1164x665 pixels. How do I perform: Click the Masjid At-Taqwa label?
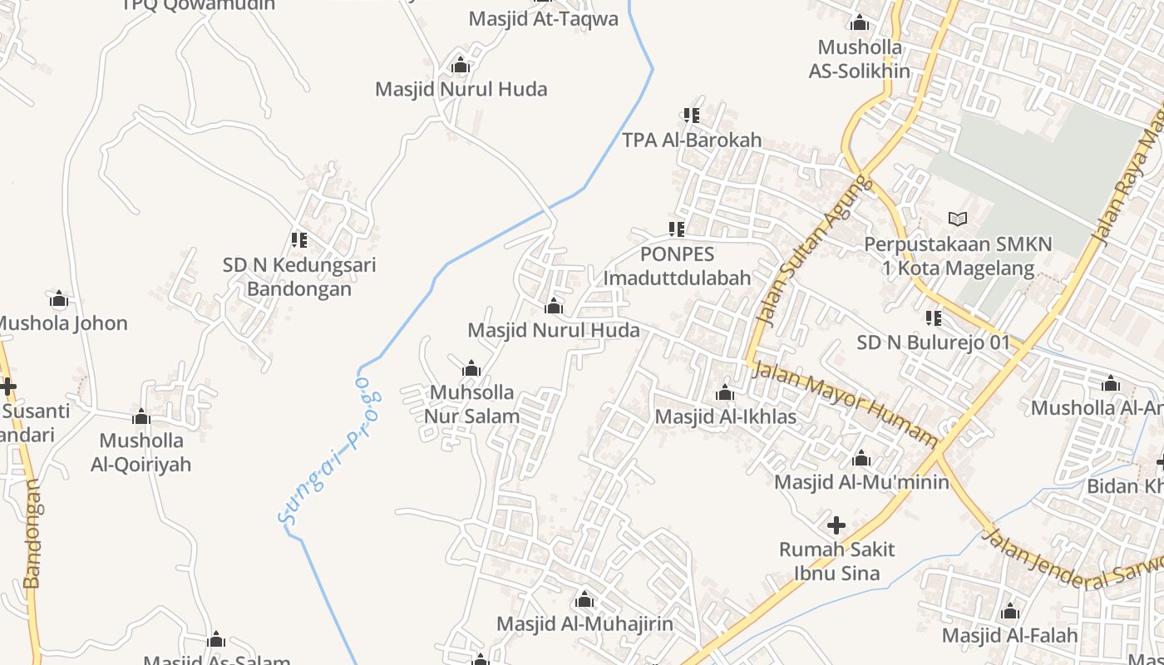pyautogui.click(x=543, y=18)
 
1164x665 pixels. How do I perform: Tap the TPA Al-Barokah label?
pyautogui.click(x=692, y=140)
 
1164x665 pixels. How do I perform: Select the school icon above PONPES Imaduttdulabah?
pyautogui.click(x=677, y=229)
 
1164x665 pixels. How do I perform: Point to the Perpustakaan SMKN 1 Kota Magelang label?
pyautogui.click(x=958, y=257)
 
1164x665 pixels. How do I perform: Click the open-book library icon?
pyautogui.click(x=958, y=219)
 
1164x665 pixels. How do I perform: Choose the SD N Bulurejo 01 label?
pyautogui.click(x=934, y=342)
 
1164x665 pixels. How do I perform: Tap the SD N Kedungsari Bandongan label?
pyautogui.click(x=299, y=277)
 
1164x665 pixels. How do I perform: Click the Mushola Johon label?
pyautogui.click(x=62, y=323)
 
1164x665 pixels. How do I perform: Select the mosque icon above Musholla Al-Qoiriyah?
pyautogui.click(x=141, y=416)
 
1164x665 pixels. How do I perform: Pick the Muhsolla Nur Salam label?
pyautogui.click(x=471, y=404)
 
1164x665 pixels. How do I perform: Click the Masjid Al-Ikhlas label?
pyautogui.click(x=725, y=416)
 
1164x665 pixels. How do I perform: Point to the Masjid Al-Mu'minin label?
pyautogui.click(x=861, y=482)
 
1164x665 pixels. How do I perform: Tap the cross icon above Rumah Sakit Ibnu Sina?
pyautogui.click(x=836, y=525)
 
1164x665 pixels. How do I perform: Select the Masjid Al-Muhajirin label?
pyautogui.click(x=584, y=623)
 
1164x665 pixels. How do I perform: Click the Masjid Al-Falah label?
pyautogui.click(x=1009, y=636)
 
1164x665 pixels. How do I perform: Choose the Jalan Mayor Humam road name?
pyautogui.click(x=844, y=404)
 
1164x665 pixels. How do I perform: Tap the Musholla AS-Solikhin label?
pyautogui.click(x=860, y=59)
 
